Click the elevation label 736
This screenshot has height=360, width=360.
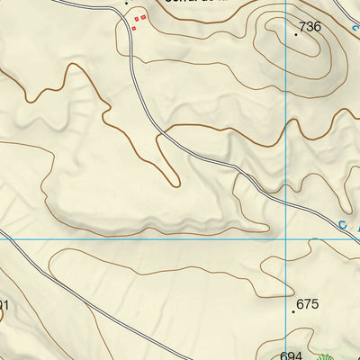pyautogui.click(x=310, y=27)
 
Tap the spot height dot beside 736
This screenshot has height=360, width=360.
pyautogui.click(x=296, y=33)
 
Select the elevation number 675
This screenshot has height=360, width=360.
pyautogui.click(x=308, y=304)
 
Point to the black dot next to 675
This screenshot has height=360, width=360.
pyautogui.click(x=294, y=311)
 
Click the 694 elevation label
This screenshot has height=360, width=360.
pyautogui.click(x=291, y=355)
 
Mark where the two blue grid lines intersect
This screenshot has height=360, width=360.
pyautogui.click(x=285, y=239)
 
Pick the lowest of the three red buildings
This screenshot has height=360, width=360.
pyautogui.click(x=134, y=28)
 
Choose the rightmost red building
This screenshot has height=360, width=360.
pyautogui.click(x=143, y=17)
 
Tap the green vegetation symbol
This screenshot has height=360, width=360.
pyautogui.click(x=327, y=353)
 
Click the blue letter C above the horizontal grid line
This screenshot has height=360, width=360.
pyautogui.click(x=342, y=226)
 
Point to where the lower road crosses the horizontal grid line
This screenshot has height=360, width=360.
pyautogui.click(x=11, y=239)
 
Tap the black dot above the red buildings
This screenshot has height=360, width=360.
pyautogui.click(x=127, y=3)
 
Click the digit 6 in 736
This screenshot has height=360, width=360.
pyautogui.click(x=317, y=27)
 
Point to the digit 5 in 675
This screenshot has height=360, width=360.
pyautogui.click(x=315, y=304)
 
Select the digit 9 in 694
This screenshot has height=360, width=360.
pyautogui.click(x=291, y=355)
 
